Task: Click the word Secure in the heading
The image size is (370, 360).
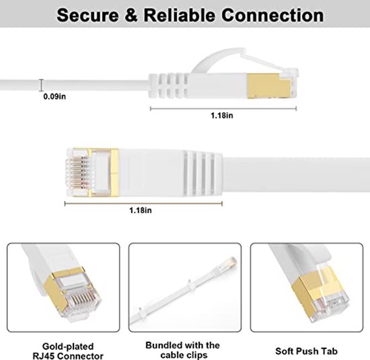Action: tap(85, 15)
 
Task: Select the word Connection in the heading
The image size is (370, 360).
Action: tap(266, 15)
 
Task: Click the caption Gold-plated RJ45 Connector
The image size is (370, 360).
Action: tap(63, 349)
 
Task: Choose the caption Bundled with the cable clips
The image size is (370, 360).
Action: tap(186, 349)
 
